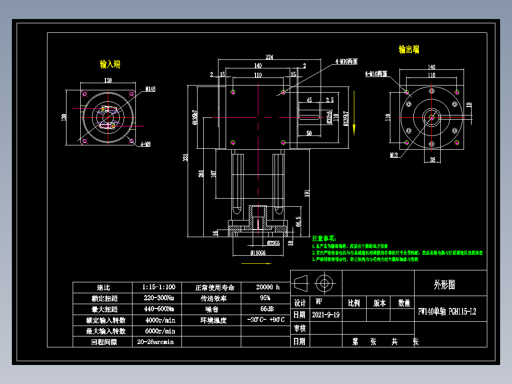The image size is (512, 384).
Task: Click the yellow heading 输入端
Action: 110,64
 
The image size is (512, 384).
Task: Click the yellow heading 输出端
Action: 408,49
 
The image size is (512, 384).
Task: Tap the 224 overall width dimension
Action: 269,57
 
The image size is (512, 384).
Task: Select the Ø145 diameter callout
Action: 151,89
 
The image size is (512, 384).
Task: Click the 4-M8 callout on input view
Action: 145,144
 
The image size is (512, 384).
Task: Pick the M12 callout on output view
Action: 394,155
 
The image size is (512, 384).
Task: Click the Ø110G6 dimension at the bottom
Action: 257,253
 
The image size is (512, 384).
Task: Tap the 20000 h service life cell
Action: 267,288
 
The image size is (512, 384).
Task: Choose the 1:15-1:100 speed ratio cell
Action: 159,288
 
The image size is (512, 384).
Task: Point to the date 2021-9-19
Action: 326,315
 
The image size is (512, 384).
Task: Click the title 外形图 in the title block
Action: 444,285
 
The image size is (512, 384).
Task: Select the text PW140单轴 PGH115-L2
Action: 446,312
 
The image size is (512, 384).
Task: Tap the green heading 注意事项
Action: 323,238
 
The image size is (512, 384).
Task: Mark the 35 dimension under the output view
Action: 432,160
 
